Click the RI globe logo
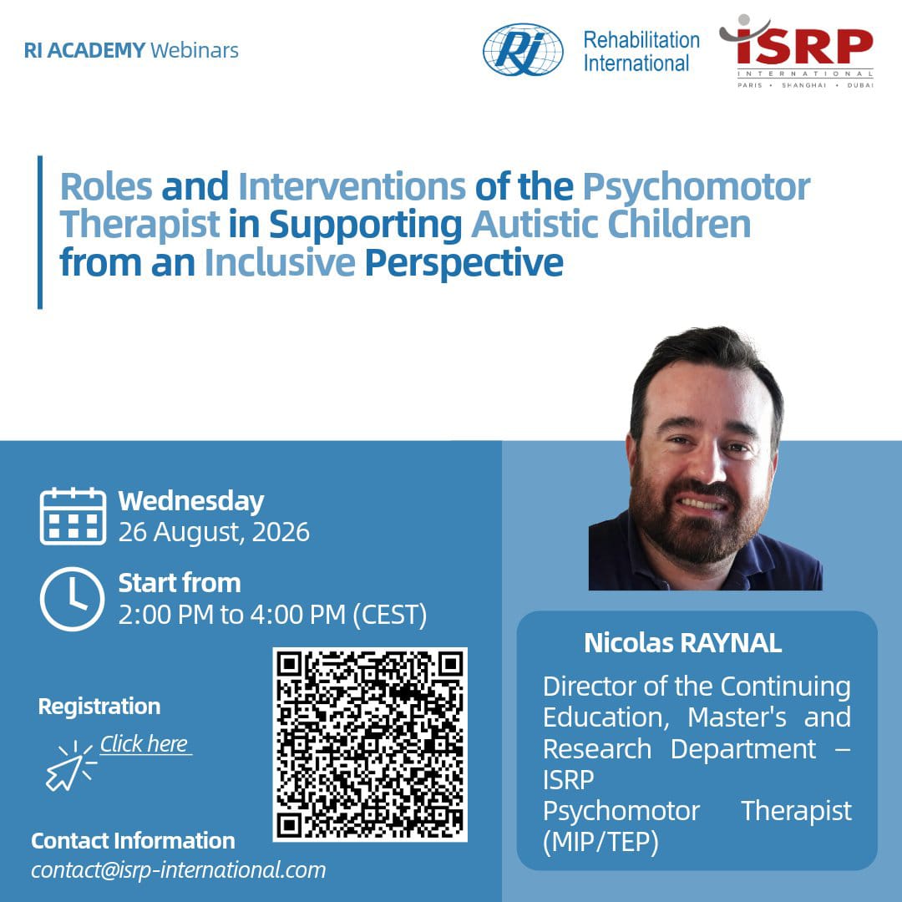coord(522,49)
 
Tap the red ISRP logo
coord(797,51)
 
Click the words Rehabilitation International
coord(641,51)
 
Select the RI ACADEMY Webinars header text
coord(131,50)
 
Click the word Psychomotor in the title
coord(696,187)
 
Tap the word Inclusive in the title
coord(280,262)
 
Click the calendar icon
coord(73,516)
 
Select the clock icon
coord(73,599)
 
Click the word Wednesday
coord(191,501)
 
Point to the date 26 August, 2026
coord(214,532)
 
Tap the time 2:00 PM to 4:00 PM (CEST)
coord(272,615)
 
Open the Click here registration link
coord(144,744)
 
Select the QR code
coord(370,744)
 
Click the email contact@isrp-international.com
coord(179,869)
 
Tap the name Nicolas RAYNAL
coord(683,643)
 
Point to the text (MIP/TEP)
coord(600,843)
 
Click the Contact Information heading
coord(133,841)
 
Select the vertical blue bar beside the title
coord(40,232)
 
